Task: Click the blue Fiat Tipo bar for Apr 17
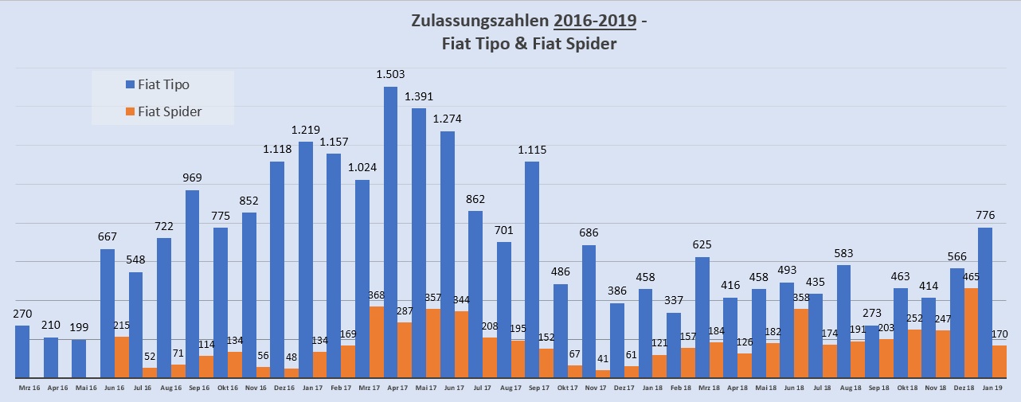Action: click(x=390, y=231)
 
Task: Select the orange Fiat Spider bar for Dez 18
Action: click(x=971, y=333)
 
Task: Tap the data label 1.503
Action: click(x=390, y=74)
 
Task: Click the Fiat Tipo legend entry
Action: click(x=163, y=84)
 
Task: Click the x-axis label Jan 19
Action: click(x=991, y=388)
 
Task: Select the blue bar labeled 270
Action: click(x=22, y=351)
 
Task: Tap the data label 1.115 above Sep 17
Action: click(x=532, y=150)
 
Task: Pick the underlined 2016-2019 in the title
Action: click(x=595, y=21)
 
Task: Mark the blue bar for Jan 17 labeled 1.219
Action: click(x=305, y=260)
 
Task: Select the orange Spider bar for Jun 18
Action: click(x=801, y=343)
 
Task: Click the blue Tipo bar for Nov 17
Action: click(x=589, y=311)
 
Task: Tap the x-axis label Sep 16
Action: click(x=199, y=388)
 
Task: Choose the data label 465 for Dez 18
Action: click(x=971, y=277)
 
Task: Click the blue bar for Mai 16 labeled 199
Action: click(x=79, y=358)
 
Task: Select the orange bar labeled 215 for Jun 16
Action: click(x=121, y=357)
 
